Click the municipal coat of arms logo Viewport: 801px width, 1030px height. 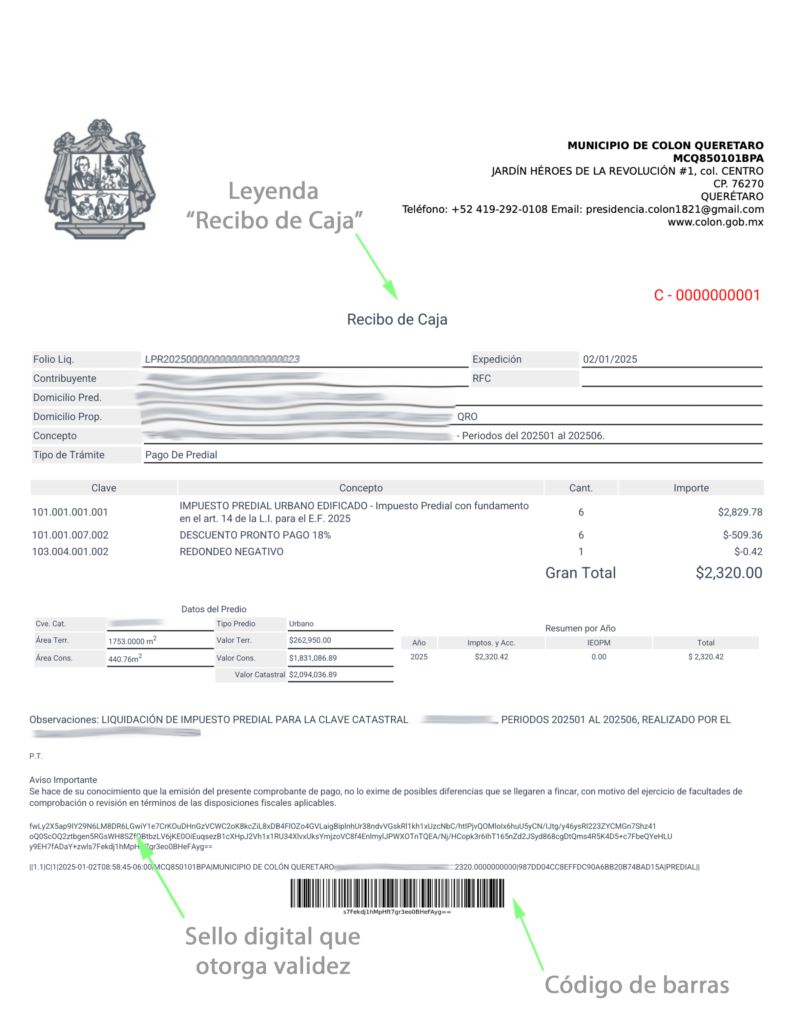coord(100,179)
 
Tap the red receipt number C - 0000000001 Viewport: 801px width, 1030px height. coord(707,295)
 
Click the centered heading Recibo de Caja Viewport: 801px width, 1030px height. coord(397,319)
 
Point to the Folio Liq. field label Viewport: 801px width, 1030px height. coord(53,359)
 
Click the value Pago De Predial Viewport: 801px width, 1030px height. coord(181,455)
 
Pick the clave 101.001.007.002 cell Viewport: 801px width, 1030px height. coord(70,535)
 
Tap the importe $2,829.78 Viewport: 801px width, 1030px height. coord(740,512)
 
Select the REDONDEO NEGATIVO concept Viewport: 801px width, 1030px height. coord(232,551)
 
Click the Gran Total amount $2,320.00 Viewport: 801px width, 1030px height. coord(729,573)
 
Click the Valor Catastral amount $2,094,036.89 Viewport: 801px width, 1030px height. coord(313,674)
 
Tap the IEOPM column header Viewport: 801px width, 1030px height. coord(599,643)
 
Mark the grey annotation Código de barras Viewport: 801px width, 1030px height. coord(636,985)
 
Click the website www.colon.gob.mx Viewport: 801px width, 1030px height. coord(715,222)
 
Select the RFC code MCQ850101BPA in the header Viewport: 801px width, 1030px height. coord(718,158)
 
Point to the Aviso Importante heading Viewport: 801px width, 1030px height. coord(63,780)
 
